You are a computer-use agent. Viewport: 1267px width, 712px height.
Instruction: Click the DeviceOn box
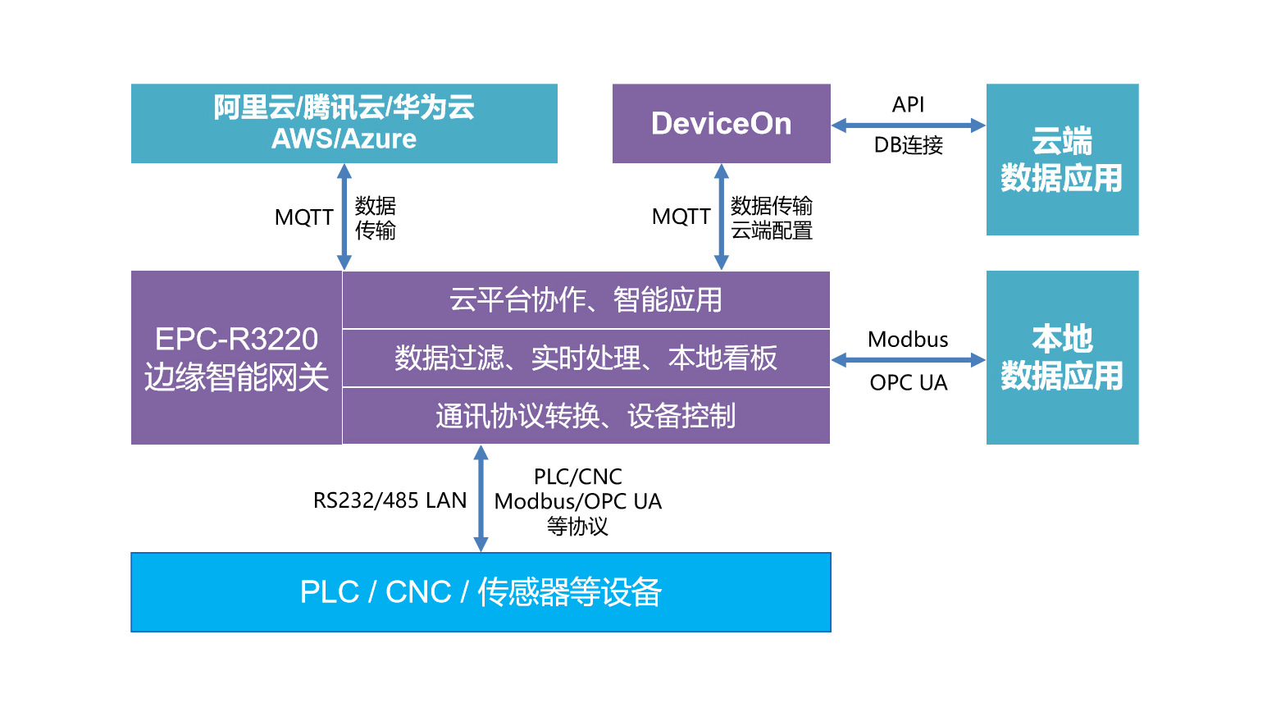point(721,123)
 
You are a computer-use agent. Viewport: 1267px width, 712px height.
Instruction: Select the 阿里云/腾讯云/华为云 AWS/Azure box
point(344,123)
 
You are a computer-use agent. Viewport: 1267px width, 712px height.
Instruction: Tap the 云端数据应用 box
point(1062,159)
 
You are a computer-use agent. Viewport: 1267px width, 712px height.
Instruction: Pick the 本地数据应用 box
point(1062,358)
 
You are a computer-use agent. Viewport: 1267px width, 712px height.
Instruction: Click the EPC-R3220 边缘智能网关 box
point(236,358)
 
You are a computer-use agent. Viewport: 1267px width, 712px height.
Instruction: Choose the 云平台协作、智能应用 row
point(586,300)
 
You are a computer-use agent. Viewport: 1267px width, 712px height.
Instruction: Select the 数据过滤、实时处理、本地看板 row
point(586,358)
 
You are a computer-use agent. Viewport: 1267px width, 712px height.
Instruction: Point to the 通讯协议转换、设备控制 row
point(586,416)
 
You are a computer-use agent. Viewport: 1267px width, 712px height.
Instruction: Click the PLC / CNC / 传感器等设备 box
point(481,591)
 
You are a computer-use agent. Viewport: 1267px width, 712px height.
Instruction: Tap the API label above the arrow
point(908,105)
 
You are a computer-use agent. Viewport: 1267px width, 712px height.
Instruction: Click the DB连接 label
point(908,145)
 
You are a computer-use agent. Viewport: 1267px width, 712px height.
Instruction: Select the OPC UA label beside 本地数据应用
point(908,383)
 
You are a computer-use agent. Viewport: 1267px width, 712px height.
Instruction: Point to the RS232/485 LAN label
point(390,500)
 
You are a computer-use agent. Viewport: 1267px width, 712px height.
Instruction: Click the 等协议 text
point(577,527)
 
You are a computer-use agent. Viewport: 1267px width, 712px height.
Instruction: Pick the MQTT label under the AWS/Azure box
point(303,217)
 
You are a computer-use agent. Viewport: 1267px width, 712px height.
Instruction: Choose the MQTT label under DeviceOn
point(681,217)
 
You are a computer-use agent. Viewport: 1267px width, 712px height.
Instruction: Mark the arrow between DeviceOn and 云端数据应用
point(908,126)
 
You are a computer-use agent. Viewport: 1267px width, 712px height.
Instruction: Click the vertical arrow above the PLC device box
point(481,499)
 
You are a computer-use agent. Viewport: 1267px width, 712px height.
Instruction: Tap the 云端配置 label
point(772,231)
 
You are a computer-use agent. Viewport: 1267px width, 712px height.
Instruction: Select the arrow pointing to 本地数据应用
point(908,360)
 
